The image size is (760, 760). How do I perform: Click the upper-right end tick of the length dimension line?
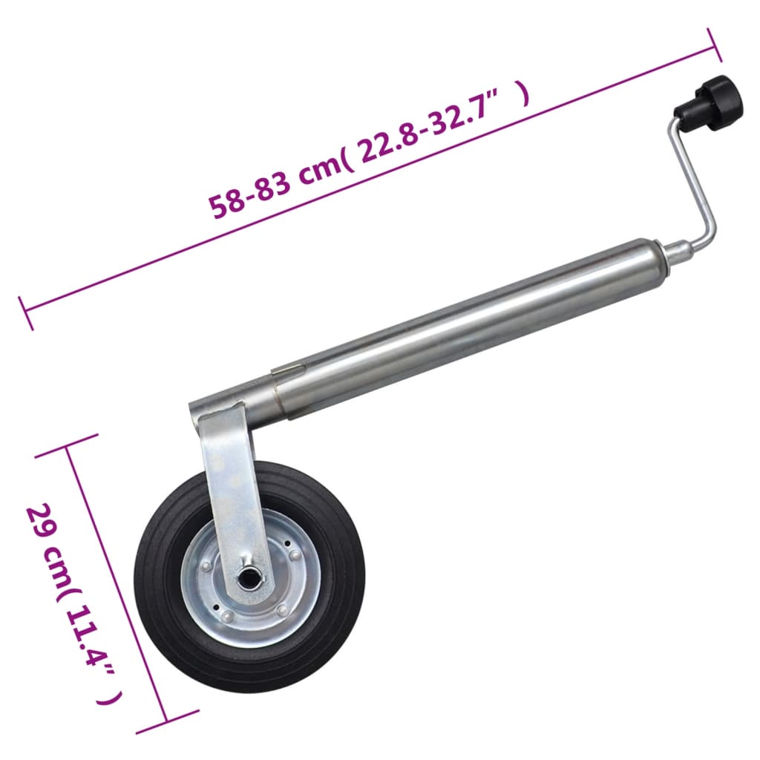(x=715, y=45)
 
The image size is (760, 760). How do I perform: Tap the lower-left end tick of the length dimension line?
(x=26, y=312)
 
